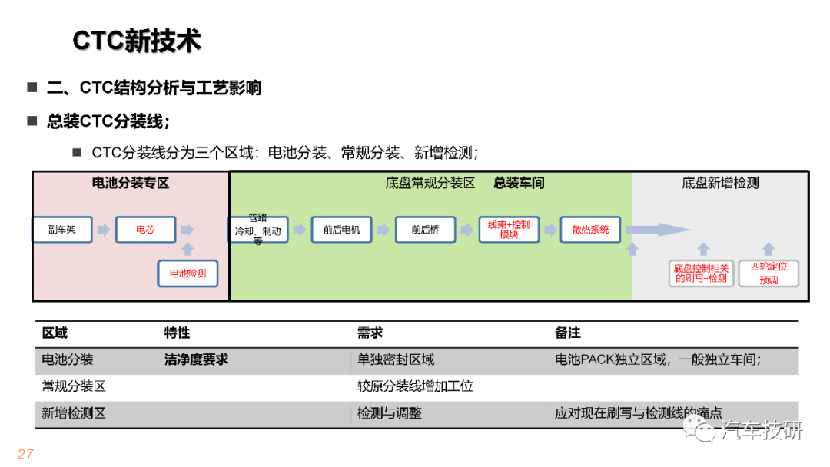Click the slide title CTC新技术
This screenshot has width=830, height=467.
click(x=137, y=41)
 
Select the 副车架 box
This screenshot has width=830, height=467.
click(x=62, y=230)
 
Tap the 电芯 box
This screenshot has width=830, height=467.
click(x=145, y=230)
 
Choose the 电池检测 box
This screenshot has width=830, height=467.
click(x=188, y=273)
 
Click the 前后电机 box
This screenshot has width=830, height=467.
click(x=341, y=230)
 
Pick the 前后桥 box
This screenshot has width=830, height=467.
click(x=425, y=230)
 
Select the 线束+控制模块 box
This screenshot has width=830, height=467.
click(x=509, y=230)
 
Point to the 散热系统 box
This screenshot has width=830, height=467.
click(x=590, y=230)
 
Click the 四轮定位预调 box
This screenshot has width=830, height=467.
click(x=769, y=273)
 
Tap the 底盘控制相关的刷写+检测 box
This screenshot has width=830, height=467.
click(x=701, y=273)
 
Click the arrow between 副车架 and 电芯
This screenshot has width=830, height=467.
click(x=104, y=230)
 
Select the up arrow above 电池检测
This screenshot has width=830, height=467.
click(x=188, y=249)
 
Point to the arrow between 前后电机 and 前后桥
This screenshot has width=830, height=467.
click(x=383, y=230)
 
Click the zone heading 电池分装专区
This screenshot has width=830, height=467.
click(x=131, y=184)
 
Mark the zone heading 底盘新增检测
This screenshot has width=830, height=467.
click(x=720, y=184)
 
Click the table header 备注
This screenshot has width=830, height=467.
click(x=567, y=333)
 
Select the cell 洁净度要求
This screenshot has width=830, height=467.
click(x=196, y=359)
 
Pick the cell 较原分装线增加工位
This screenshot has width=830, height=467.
click(x=415, y=386)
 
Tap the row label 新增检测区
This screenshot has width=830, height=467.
click(x=74, y=413)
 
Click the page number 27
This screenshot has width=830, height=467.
click(x=25, y=454)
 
